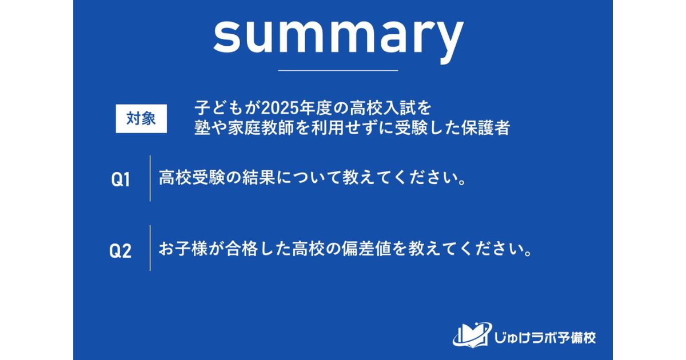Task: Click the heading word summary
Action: (x=338, y=35)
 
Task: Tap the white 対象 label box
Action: (x=141, y=119)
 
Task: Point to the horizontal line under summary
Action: (x=338, y=70)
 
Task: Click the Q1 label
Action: (x=121, y=180)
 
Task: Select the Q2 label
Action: (x=121, y=251)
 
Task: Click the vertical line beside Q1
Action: (x=150, y=178)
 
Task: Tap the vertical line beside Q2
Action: (x=150, y=248)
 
